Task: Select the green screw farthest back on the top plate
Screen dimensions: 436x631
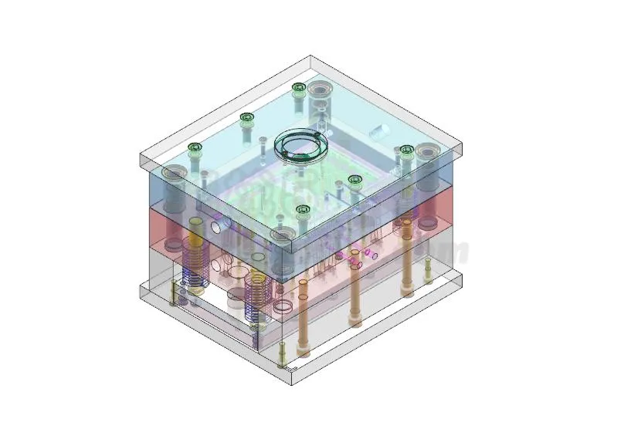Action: pyautogui.click(x=299, y=87)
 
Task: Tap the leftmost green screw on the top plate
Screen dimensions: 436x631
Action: pyautogui.click(x=195, y=147)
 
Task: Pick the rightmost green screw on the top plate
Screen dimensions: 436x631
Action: pyautogui.click(x=406, y=150)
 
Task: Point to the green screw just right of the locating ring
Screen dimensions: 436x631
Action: pyautogui.click(x=355, y=181)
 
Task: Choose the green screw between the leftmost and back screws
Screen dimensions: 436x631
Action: pyautogui.click(x=246, y=118)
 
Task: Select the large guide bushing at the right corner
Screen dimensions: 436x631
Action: pyautogui.click(x=426, y=154)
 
